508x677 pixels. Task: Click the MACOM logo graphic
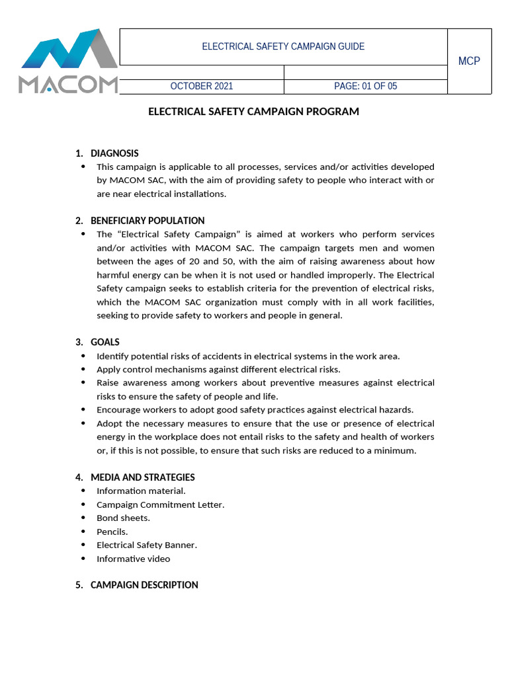68,61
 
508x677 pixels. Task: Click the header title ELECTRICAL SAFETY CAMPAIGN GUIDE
283,47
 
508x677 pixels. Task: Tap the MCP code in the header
469,61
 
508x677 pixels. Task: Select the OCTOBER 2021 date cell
202,87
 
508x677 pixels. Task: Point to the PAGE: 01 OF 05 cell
366,87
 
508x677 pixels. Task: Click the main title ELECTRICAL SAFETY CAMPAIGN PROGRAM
253,112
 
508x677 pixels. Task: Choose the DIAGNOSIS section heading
114,153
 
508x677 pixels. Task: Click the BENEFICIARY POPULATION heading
148,221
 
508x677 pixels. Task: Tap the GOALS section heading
105,342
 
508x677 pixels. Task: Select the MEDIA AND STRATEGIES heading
143,477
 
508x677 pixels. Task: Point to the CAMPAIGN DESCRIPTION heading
144,585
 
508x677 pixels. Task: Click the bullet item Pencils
112,532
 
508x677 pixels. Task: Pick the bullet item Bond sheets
123,518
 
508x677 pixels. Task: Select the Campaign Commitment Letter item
161,504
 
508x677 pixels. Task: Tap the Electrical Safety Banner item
147,545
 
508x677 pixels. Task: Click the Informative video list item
133,559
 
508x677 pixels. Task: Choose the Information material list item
141,491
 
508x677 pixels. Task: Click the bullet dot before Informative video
83,559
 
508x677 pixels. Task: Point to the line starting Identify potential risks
248,356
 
